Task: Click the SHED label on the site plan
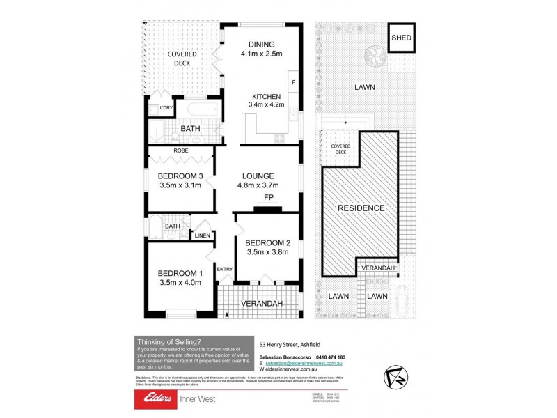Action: [401, 39]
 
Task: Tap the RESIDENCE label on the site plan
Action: [361, 208]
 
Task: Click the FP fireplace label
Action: [268, 197]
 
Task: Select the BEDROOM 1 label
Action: [180, 272]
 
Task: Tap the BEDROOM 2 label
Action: [267, 242]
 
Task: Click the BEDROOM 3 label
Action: [180, 176]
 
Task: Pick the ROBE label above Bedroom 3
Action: [180, 150]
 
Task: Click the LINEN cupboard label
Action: [203, 236]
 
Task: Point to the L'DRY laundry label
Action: [166, 108]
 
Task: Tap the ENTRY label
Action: [224, 269]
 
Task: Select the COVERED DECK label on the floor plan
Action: [182, 58]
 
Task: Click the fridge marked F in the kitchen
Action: [293, 84]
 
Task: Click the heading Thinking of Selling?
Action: [169, 341]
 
